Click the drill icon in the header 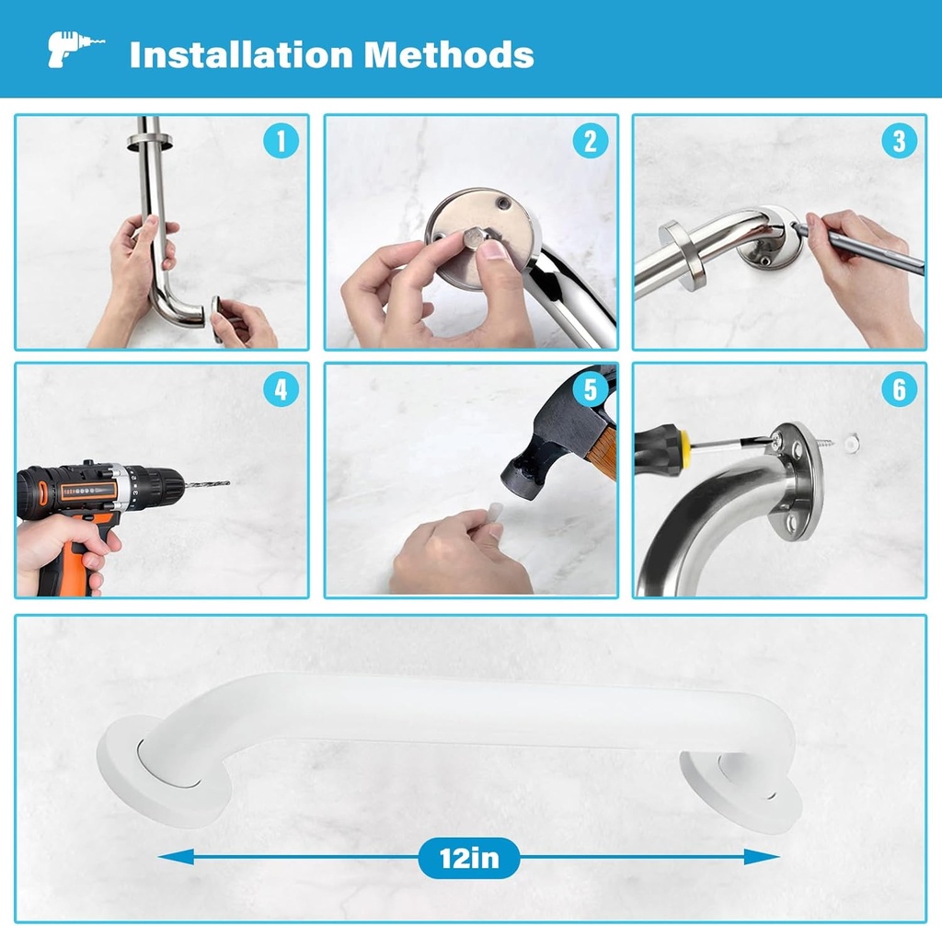pyautogui.click(x=74, y=50)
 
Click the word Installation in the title pyautogui.click(x=241, y=54)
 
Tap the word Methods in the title pyautogui.click(x=449, y=54)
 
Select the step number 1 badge pyautogui.click(x=281, y=141)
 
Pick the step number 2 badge pyautogui.click(x=591, y=141)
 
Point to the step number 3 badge pyautogui.click(x=900, y=141)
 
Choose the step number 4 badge pyautogui.click(x=281, y=389)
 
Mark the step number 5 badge pyautogui.click(x=591, y=389)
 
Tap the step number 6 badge pyautogui.click(x=900, y=389)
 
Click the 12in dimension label pyautogui.click(x=469, y=858)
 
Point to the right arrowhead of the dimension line pyautogui.click(x=762, y=857)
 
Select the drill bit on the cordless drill pyautogui.click(x=207, y=483)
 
